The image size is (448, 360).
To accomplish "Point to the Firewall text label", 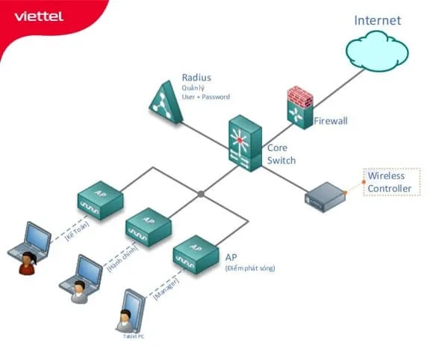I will tap(331, 120).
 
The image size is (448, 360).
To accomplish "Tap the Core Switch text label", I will tap(281, 154).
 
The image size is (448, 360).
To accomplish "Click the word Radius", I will tap(196, 78).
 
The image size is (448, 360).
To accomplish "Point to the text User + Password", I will tap(205, 97).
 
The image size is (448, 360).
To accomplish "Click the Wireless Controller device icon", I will tap(325, 196).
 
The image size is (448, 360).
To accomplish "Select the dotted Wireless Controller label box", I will tap(389, 182).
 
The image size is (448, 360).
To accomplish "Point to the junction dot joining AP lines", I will tap(201, 193).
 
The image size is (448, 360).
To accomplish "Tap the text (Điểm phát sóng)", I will tap(249, 267).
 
